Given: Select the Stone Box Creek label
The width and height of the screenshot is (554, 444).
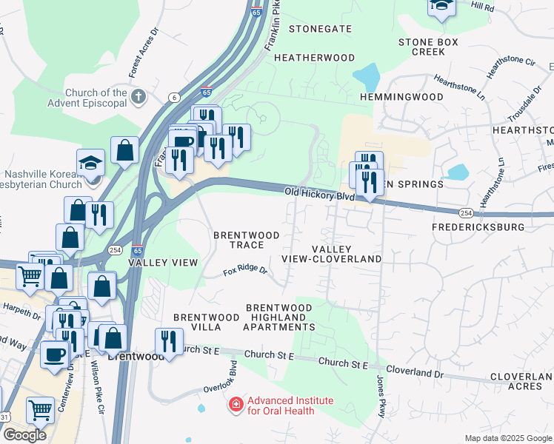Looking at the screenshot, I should coord(429,47).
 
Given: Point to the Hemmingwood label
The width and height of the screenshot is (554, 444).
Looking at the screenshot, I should coord(401,97).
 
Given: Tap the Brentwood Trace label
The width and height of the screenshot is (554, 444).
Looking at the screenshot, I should coord(247,240).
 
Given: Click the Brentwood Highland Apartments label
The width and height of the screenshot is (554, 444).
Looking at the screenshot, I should coord(278,317).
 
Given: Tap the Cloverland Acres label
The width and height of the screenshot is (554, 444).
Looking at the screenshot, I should coord(521,381).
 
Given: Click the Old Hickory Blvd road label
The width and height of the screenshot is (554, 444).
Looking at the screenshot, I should coord(320,195).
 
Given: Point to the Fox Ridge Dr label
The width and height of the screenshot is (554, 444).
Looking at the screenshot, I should coord(245,272).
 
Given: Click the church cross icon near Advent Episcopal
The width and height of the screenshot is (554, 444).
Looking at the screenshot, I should coord(138,97).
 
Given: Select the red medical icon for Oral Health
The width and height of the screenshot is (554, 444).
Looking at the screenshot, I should coord(236,405).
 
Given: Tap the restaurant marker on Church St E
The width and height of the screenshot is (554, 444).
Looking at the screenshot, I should coord(169,342).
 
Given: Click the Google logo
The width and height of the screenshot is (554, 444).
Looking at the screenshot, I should coord(24,435).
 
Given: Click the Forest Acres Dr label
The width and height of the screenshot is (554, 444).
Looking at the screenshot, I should coord(144,54).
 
